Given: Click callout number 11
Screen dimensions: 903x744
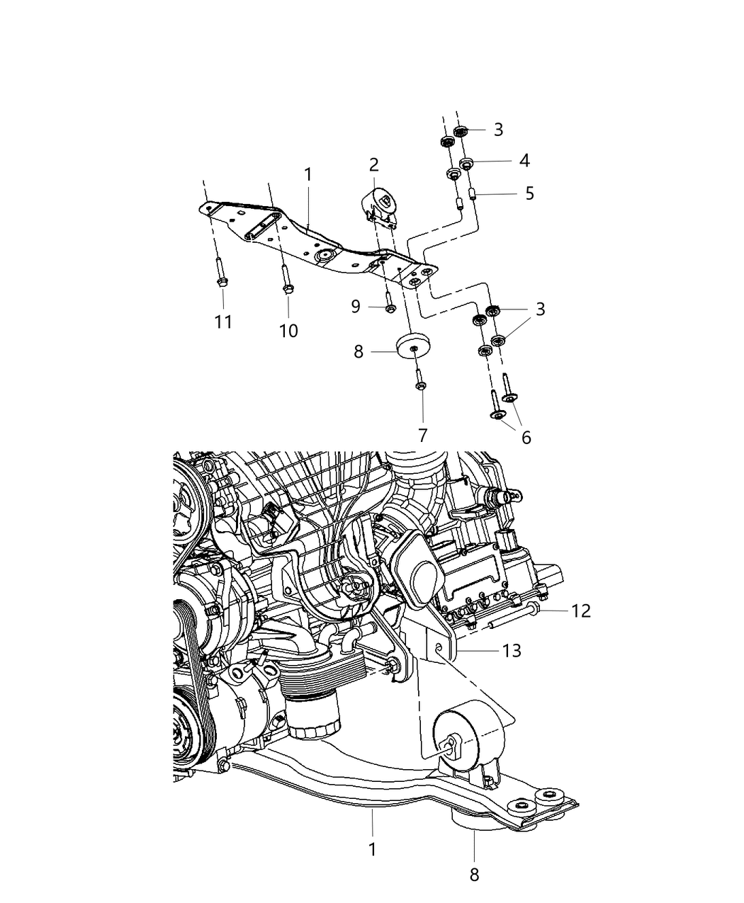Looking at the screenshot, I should coord(223,322).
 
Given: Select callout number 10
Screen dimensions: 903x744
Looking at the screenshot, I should coord(288,330).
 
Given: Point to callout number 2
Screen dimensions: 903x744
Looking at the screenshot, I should coord(373,165).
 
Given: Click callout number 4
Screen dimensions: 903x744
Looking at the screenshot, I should coord(524,161).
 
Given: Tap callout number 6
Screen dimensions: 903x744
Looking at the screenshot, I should coord(526,437).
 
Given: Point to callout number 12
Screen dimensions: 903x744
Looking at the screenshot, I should coord(581,610).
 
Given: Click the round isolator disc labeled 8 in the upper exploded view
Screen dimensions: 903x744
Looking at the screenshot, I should coord(415,346).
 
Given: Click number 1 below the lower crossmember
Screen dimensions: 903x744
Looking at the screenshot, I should coord(373,849).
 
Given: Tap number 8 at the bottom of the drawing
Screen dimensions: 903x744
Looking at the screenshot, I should coord(474,875).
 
